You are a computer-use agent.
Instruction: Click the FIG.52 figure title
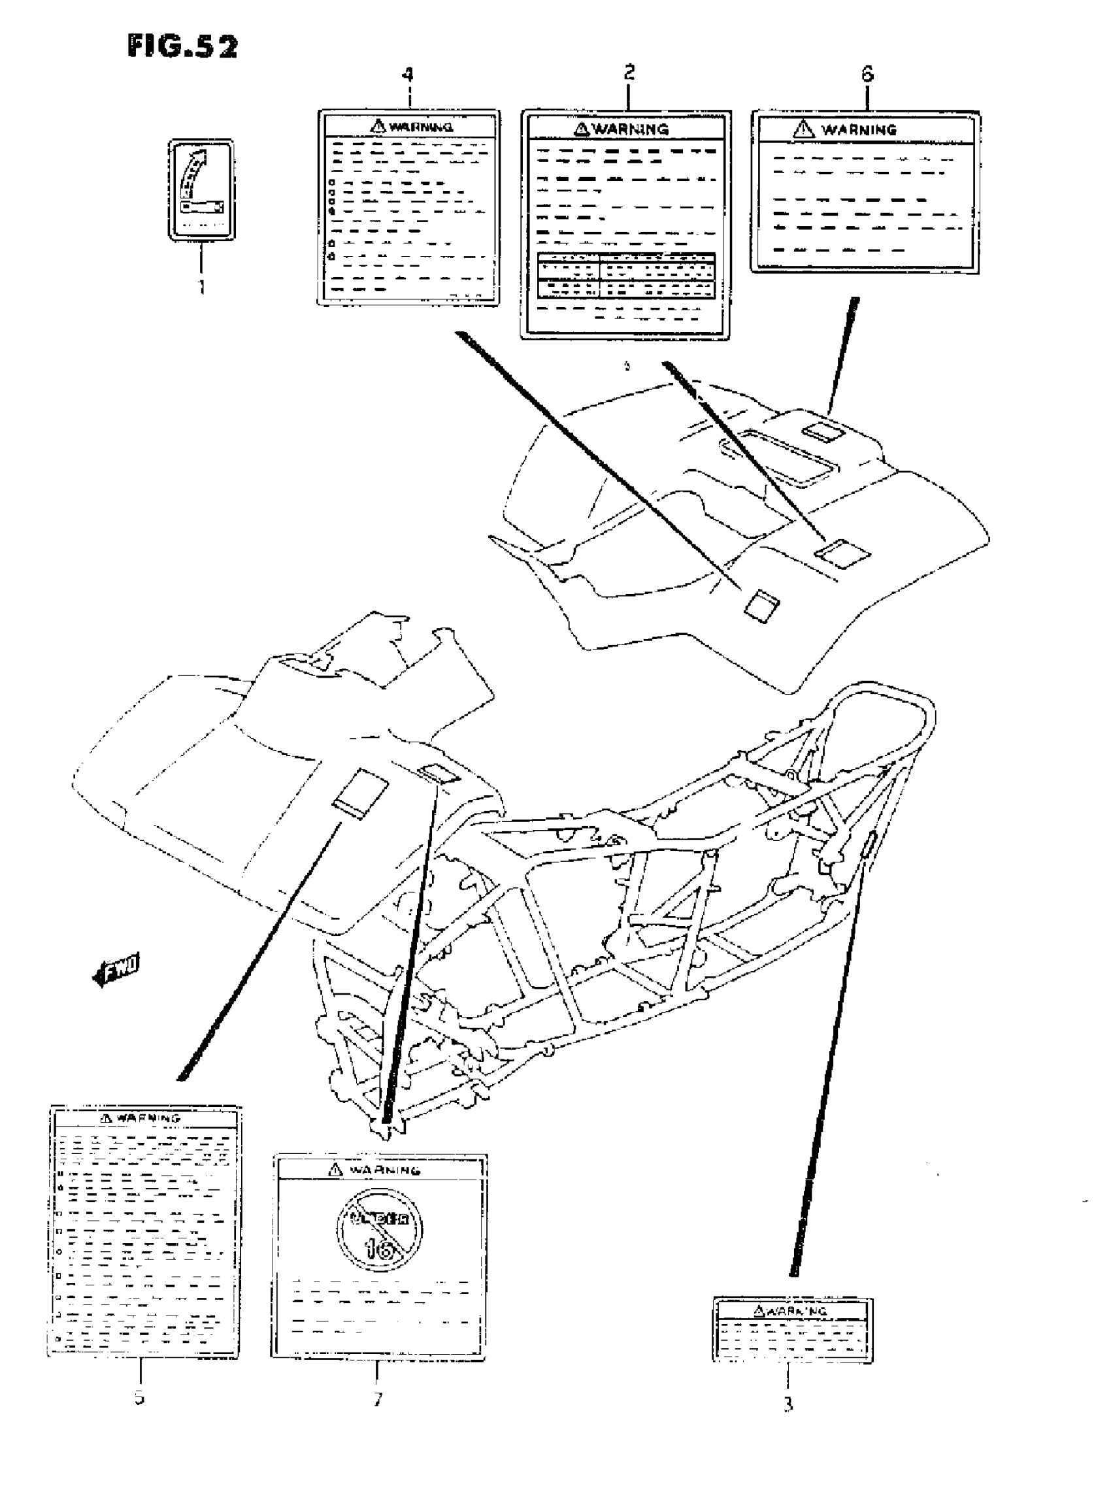[x=182, y=47]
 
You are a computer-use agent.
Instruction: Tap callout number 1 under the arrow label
[x=201, y=287]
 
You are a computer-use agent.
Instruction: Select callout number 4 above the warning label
[x=408, y=74]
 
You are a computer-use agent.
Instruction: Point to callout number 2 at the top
[x=629, y=73]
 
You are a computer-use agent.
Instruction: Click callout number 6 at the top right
[x=867, y=74]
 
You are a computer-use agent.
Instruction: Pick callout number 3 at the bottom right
[x=788, y=1404]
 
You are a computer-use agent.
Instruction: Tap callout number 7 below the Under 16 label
[x=378, y=1399]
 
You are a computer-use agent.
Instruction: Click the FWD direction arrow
[x=116, y=970]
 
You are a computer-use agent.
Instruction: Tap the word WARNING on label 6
[x=859, y=129]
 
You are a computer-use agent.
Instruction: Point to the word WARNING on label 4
[x=421, y=126]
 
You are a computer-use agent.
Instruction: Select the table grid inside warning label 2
[x=626, y=275]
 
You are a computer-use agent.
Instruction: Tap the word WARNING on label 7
[x=386, y=1170]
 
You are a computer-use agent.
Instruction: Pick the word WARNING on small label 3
[x=798, y=1310]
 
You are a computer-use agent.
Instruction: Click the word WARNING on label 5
[x=148, y=1118]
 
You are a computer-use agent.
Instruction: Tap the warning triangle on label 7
[x=334, y=1170]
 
